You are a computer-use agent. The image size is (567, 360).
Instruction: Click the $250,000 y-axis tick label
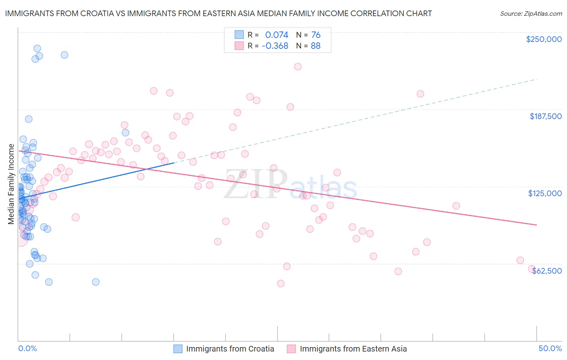(x=544, y=39)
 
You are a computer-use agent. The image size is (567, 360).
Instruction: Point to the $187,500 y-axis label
(x=545, y=116)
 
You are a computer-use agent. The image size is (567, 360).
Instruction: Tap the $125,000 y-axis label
(x=545, y=193)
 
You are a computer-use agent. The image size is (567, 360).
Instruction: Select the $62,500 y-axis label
(x=546, y=271)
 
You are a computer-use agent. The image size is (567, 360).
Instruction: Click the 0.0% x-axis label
(x=27, y=348)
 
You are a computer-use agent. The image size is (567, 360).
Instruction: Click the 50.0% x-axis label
(x=550, y=348)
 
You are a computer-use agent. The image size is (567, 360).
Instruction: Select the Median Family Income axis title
(x=11, y=184)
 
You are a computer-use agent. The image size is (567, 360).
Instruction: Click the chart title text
(x=218, y=14)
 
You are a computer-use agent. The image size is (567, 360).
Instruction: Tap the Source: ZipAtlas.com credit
(x=531, y=14)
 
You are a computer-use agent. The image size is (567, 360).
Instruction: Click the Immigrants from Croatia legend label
(x=230, y=349)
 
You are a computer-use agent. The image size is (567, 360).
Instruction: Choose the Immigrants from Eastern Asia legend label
(x=353, y=349)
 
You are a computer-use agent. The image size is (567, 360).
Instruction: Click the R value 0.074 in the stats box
(x=277, y=35)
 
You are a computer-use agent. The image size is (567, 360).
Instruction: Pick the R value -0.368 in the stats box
(x=275, y=46)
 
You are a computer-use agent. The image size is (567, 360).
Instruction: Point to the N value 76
(x=316, y=35)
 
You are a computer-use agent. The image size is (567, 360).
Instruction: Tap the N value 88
(x=316, y=46)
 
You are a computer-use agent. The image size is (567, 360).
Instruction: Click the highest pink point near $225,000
(x=298, y=67)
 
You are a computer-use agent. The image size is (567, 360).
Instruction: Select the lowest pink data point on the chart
(x=281, y=283)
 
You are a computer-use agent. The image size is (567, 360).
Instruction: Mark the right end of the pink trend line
(x=536, y=224)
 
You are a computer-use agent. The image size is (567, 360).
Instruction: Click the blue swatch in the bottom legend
(x=178, y=349)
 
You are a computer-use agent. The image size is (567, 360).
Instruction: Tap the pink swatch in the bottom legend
(x=291, y=349)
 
